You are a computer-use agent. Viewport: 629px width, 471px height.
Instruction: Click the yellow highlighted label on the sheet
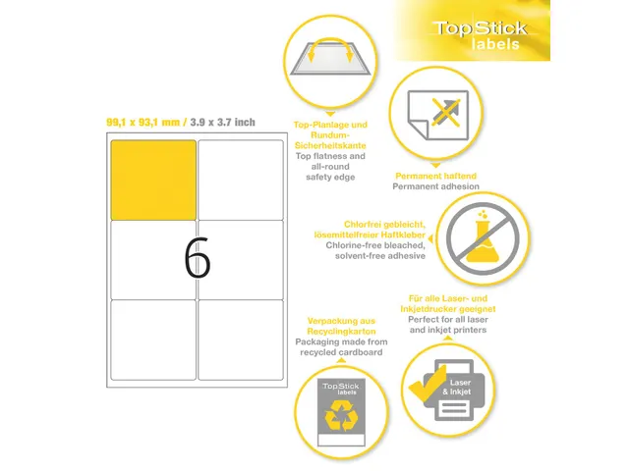[x=153, y=180]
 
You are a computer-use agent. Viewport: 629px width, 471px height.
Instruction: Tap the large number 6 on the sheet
[x=197, y=257]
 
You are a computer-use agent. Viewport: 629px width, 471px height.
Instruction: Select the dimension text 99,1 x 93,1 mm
[x=143, y=122]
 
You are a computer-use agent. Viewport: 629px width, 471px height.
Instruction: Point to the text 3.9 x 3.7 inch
[x=223, y=122]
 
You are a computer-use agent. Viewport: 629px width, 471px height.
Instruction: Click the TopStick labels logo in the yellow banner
[x=481, y=35]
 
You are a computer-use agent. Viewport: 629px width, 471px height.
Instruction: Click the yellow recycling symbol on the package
[x=341, y=416]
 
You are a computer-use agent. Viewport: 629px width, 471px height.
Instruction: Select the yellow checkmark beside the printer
[x=427, y=385]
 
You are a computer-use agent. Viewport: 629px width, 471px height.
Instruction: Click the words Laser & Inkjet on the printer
[x=458, y=387]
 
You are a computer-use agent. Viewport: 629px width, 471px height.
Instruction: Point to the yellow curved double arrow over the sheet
[x=330, y=40]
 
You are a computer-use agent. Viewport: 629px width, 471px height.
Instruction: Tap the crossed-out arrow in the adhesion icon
[x=446, y=112]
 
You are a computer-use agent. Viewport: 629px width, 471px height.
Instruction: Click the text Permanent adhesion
[x=435, y=186]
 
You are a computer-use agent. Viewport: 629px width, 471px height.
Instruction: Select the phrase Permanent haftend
[x=435, y=176]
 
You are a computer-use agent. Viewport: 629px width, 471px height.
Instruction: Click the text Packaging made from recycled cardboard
[x=341, y=346]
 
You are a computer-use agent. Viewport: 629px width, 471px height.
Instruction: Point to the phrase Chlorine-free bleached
[x=375, y=245]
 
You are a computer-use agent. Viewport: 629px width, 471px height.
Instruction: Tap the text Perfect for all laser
[x=448, y=319]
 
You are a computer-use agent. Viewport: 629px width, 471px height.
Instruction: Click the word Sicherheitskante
[x=330, y=145]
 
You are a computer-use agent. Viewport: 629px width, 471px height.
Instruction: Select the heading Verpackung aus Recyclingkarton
[x=341, y=326]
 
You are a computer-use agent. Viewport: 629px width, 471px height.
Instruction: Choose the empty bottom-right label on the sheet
[x=240, y=340]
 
